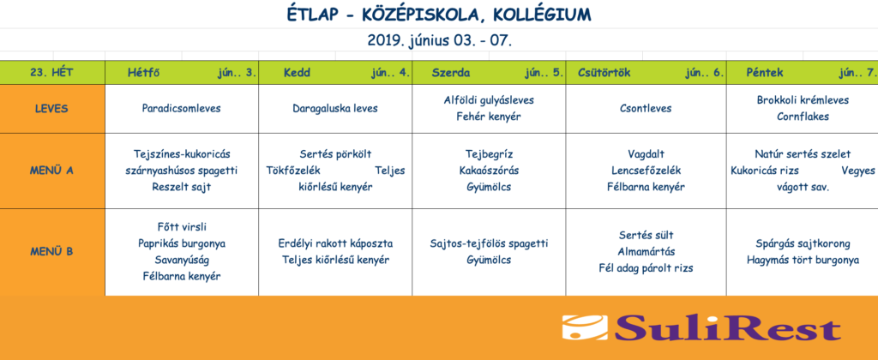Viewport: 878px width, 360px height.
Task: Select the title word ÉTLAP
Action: tap(311, 14)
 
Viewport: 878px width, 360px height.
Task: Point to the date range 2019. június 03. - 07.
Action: tap(439, 40)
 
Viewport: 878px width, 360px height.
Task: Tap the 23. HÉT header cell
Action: tap(52, 73)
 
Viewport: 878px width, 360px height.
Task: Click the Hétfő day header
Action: tap(145, 73)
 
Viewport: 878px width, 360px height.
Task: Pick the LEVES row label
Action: tap(51, 109)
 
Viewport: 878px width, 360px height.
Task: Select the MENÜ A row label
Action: tap(51, 171)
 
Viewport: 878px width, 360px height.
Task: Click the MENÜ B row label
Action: tap(51, 251)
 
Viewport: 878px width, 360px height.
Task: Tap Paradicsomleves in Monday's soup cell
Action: tap(182, 109)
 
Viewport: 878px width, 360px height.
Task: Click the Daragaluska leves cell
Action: tap(335, 109)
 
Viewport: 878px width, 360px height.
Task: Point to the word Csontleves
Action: tap(646, 109)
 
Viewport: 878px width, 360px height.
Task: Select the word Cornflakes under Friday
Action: tap(803, 117)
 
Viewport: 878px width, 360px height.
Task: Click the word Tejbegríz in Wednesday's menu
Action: tap(489, 154)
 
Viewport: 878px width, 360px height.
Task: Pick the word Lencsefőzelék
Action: tap(646, 171)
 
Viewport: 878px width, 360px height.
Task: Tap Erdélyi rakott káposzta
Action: tap(335, 243)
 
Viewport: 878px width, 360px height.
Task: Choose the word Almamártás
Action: tap(646, 251)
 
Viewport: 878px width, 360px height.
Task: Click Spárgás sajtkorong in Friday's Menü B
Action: tap(803, 243)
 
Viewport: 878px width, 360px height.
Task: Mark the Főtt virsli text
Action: tap(182, 227)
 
